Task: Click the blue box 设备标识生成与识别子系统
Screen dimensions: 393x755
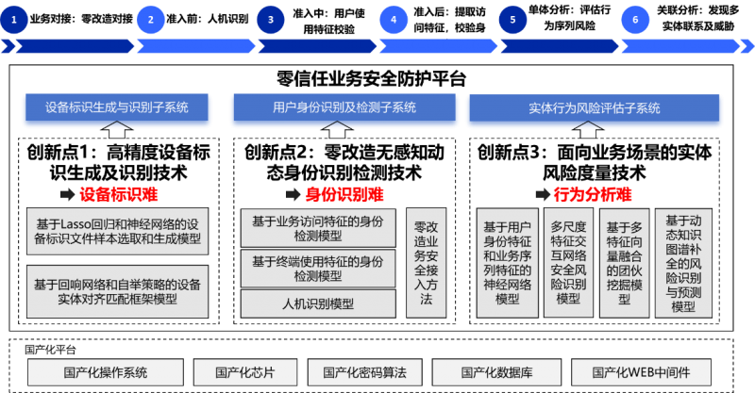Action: pyautogui.click(x=117, y=107)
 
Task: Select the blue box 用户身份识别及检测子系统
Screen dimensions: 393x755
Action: pyautogui.click(x=344, y=108)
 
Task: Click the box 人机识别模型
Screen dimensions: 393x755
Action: pyautogui.click(x=318, y=303)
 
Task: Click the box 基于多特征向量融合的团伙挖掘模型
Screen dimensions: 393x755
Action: pyautogui.click(x=623, y=263)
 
